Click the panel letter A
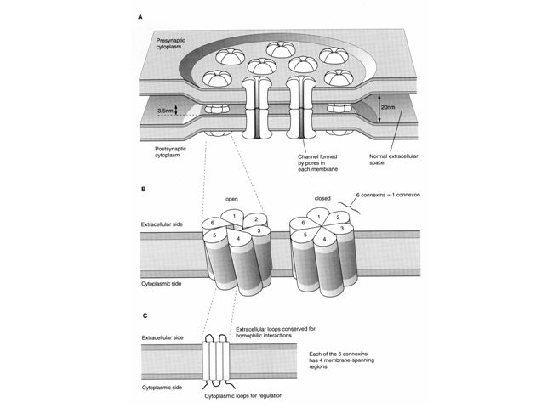[x=140, y=17]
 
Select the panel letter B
[x=144, y=190]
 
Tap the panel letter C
[x=145, y=315]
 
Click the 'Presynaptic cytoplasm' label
[x=171, y=43]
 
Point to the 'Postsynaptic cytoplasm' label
[x=170, y=152]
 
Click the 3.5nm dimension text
[x=165, y=111]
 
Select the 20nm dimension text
[x=388, y=107]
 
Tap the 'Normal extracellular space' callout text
[x=394, y=159]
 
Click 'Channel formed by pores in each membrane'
[x=317, y=162]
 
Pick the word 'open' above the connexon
[x=231, y=199]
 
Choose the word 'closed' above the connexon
[x=322, y=198]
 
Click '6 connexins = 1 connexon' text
[x=388, y=195]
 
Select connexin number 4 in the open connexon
[x=238, y=239]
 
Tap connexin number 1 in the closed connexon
[x=319, y=217]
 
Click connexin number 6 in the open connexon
[x=213, y=223]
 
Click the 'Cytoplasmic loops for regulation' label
[x=243, y=395]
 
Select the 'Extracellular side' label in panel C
[x=162, y=337]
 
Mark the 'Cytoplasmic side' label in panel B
[x=161, y=284]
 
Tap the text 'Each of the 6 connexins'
[x=339, y=354]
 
